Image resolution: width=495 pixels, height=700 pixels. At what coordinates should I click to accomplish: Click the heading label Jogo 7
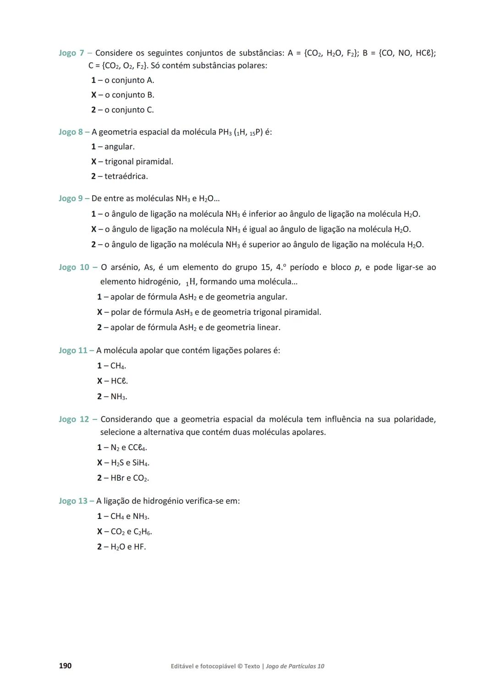71,53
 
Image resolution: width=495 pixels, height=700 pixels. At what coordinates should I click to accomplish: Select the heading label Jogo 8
71,132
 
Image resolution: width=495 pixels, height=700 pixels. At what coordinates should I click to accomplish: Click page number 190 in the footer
65,666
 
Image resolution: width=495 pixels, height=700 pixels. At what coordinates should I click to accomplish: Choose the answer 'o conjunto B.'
129,95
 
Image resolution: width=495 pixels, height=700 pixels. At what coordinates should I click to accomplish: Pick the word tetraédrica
126,176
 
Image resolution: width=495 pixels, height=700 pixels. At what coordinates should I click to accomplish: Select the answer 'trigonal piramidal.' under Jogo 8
139,161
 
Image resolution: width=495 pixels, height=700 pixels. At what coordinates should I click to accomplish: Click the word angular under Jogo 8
119,147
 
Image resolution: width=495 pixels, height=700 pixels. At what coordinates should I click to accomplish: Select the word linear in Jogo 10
268,327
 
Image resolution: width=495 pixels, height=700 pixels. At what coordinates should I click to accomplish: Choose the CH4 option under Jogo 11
118,366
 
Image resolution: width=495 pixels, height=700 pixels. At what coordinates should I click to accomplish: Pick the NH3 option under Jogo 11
119,397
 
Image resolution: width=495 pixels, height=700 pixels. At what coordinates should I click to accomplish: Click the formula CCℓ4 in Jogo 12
137,447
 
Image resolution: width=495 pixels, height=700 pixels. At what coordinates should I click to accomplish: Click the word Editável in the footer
182,666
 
